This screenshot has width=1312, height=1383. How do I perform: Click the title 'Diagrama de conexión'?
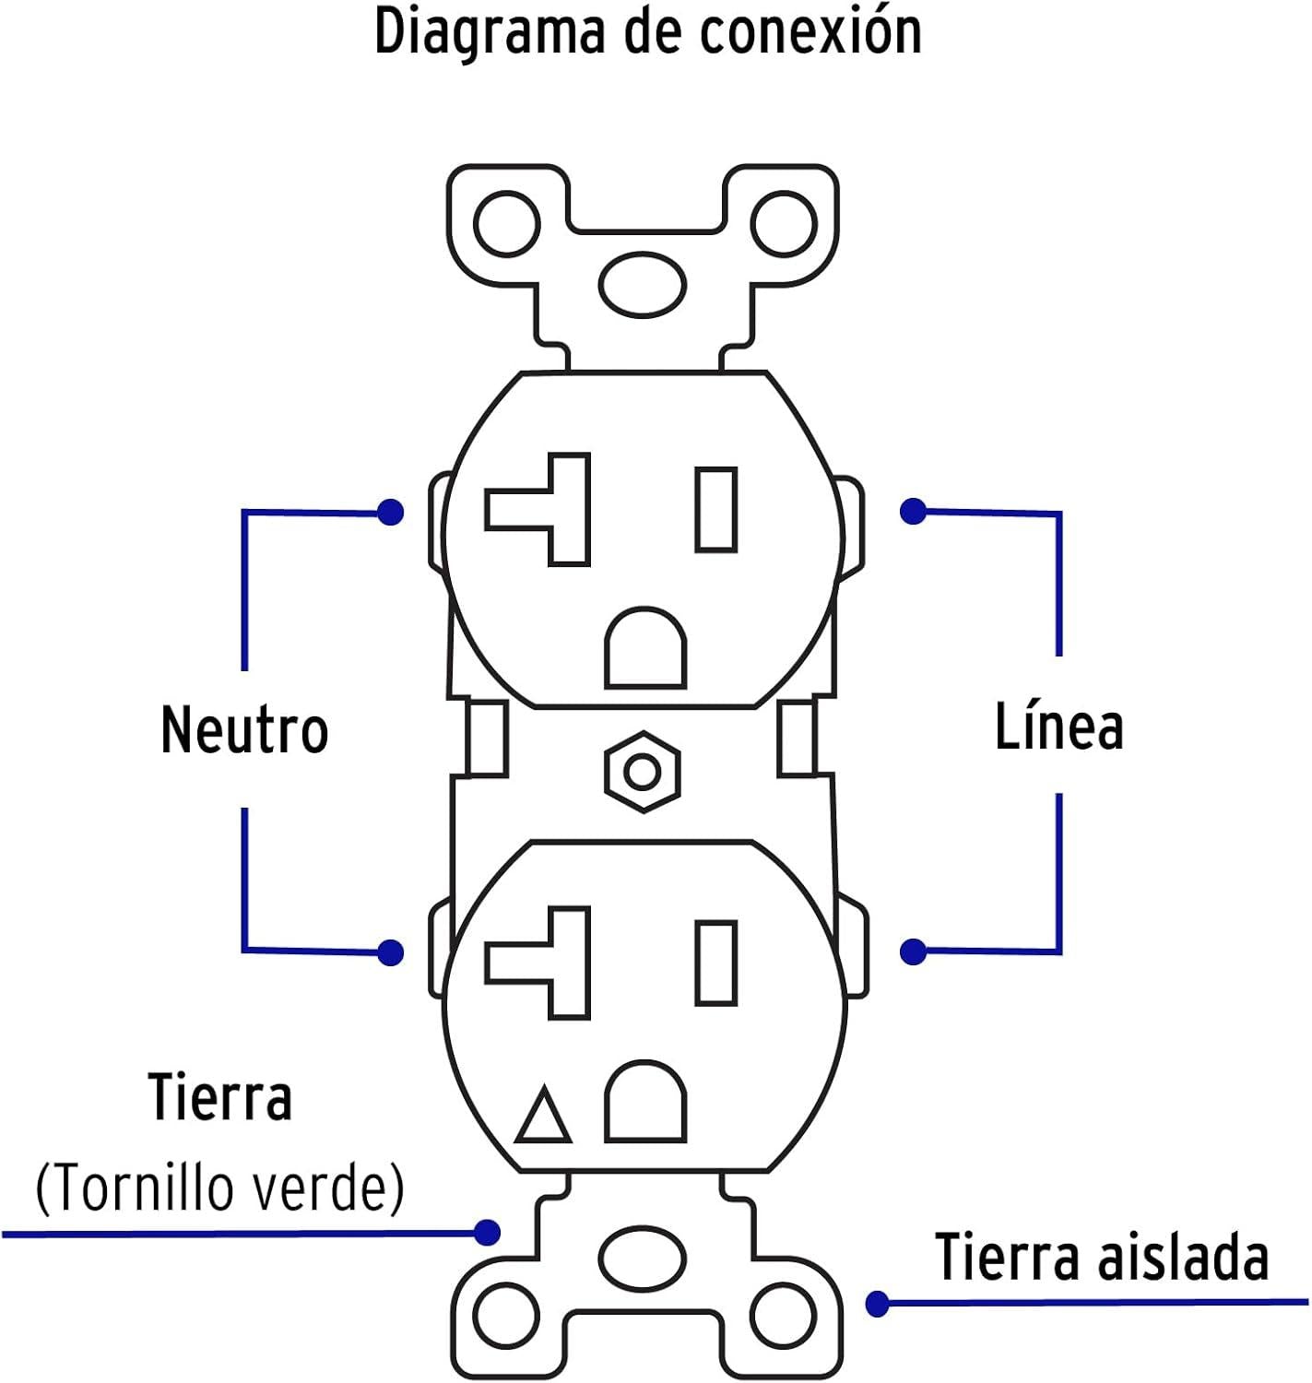coord(648,33)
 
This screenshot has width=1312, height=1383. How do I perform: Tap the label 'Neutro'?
coord(244,729)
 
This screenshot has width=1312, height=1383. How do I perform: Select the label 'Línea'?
coord(1058,725)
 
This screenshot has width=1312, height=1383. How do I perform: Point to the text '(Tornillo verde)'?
coord(219,1188)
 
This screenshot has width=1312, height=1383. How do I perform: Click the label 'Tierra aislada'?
coord(1102,1257)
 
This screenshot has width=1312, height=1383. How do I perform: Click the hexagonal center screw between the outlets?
coord(643,772)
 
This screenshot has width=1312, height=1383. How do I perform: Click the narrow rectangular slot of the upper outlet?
coord(716,509)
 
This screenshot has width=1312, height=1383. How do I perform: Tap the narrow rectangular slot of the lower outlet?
coord(716,963)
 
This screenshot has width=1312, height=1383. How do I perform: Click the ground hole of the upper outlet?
coord(645,648)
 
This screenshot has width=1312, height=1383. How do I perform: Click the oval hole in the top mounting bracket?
coord(643,285)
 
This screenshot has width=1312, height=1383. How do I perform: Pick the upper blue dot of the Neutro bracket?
coord(390,512)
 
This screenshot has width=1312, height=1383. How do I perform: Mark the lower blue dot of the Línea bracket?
coord(913,952)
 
